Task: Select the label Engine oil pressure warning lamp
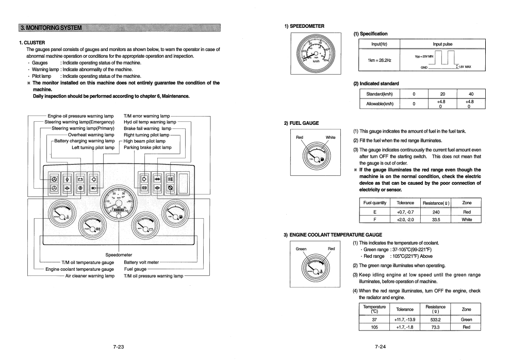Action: click(80, 116)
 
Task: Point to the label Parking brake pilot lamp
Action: click(147, 147)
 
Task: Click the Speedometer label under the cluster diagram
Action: click(119, 255)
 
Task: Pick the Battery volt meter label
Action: click(142, 262)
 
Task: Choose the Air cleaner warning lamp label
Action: click(90, 275)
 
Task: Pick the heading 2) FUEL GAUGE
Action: click(301, 123)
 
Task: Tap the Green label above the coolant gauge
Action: click(301, 249)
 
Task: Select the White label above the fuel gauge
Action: click(331, 138)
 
